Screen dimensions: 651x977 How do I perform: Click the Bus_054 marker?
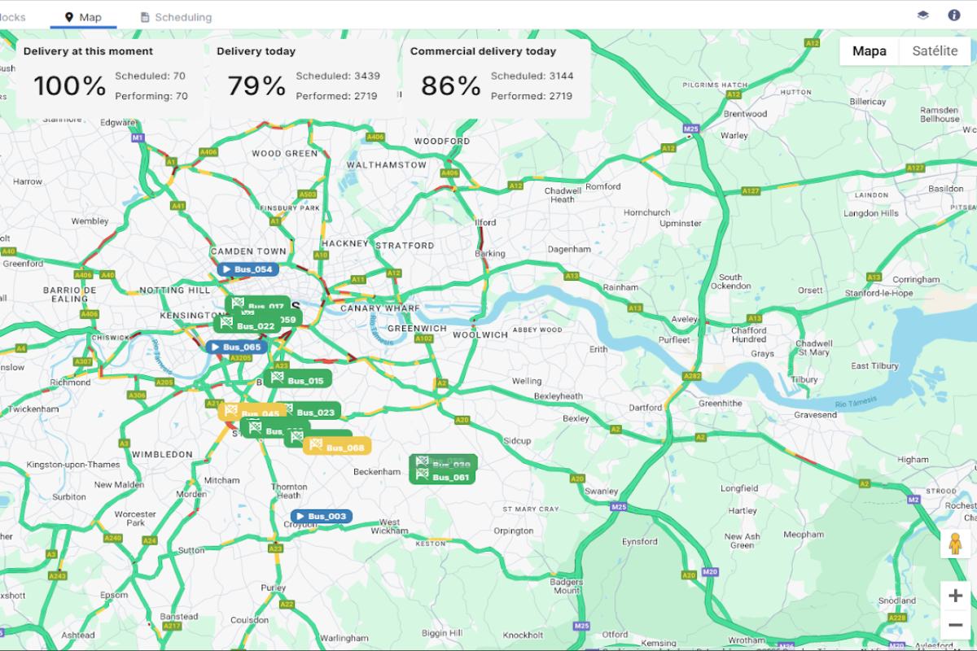pyautogui.click(x=247, y=269)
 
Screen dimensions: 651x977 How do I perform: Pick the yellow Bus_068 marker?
pyautogui.click(x=338, y=447)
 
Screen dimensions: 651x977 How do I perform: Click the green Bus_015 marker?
pyautogui.click(x=298, y=380)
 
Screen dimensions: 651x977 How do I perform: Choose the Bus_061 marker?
pyautogui.click(x=444, y=477)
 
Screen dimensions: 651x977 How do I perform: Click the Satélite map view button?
pyautogui.click(x=935, y=50)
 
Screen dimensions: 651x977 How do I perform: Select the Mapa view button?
pyautogui.click(x=869, y=50)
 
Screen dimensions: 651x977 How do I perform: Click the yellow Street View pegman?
pyautogui.click(x=955, y=543)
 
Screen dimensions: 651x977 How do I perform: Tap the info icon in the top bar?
pyautogui.click(x=954, y=15)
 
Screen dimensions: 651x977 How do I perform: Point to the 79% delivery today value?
pyautogui.click(x=256, y=85)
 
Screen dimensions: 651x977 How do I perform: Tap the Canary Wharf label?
pyautogui.click(x=380, y=308)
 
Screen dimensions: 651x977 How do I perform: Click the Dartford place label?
pyautogui.click(x=646, y=408)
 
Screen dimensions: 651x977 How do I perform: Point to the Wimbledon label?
pyautogui.click(x=162, y=454)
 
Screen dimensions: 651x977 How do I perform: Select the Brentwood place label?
pyautogui.click(x=745, y=114)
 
